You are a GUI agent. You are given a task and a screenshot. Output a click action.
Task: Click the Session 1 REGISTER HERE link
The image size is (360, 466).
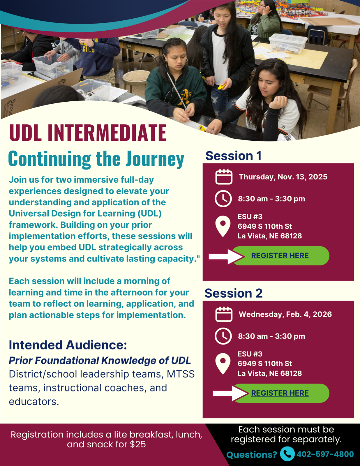[280, 255]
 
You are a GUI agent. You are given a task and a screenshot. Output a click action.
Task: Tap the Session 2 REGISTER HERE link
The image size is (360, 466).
[280, 393]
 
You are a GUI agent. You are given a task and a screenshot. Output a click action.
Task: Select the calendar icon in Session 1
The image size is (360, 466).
[224, 177]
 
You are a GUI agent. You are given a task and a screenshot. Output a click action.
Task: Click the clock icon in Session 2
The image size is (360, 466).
[223, 336]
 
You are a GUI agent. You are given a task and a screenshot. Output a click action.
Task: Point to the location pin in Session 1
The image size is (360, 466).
[223, 226]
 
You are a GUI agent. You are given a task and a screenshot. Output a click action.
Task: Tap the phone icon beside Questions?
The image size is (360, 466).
[287, 453]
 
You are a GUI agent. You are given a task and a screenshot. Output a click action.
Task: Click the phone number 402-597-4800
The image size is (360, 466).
[325, 454]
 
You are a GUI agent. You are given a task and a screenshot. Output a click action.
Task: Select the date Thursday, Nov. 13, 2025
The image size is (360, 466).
[283, 177]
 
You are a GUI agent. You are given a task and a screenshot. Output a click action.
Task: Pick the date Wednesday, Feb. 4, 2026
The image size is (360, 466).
[285, 314]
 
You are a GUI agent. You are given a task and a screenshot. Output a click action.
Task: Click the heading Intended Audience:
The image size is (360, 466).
[68, 345]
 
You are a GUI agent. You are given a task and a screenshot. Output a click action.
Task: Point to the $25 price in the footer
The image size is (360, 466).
[138, 444]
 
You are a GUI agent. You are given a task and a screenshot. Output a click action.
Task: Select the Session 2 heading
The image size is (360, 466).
[234, 293]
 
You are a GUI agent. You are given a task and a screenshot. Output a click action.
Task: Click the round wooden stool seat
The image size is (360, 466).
[136, 76]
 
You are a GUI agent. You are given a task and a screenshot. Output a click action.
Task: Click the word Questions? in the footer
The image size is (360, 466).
[252, 454]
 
